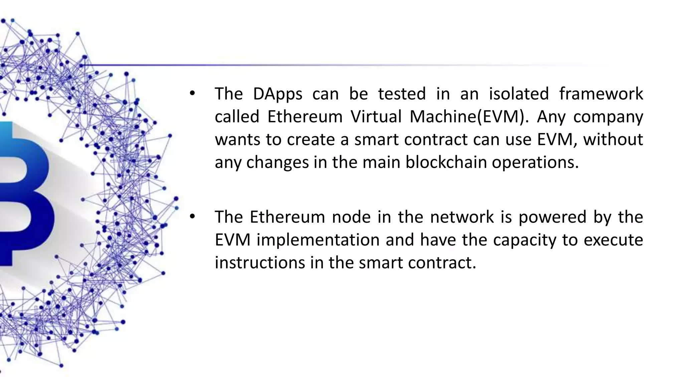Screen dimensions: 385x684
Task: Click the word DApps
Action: pyautogui.click(x=277, y=94)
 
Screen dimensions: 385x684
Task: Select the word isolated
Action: pyautogui.click(x=519, y=94)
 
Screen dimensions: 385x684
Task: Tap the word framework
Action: pyautogui.click(x=601, y=94)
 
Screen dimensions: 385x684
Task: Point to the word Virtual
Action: pyautogui.click(x=376, y=117)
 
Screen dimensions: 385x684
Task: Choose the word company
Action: pyautogui.click(x=608, y=117)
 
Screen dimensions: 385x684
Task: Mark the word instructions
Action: pyautogui.click(x=260, y=263)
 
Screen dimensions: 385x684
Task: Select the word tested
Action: pyautogui.click(x=402, y=94)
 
